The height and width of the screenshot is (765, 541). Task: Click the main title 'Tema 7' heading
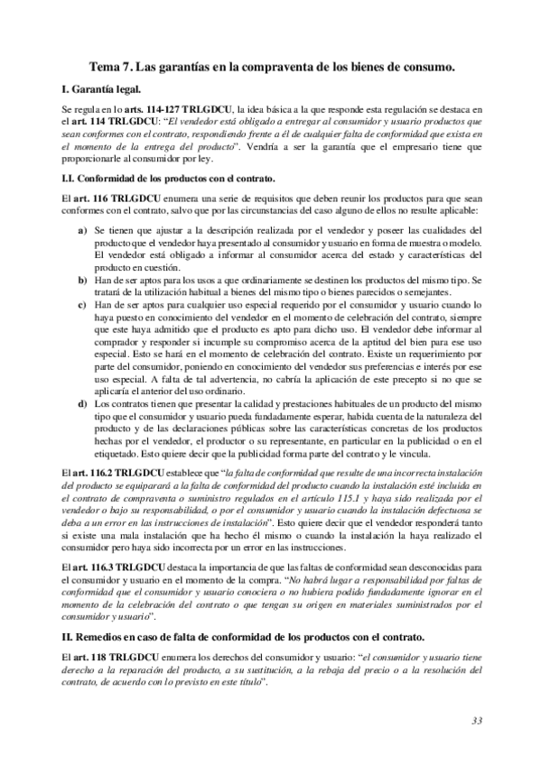point(270,66)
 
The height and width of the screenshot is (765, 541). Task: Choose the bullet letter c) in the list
point(83,307)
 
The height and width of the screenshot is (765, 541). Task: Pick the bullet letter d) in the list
point(83,406)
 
